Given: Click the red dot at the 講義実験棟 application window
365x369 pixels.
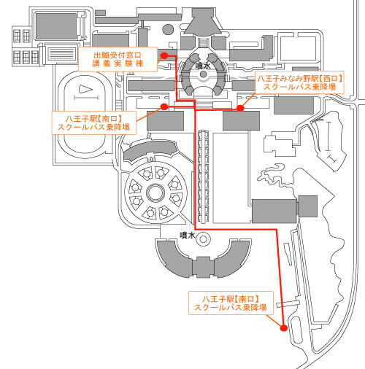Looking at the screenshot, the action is click(164, 56).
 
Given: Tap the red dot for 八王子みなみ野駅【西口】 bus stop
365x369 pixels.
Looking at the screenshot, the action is click(240, 108).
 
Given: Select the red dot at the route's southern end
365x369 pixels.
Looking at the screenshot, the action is click(283, 328).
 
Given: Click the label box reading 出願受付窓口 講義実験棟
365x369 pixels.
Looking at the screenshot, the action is click(118, 59).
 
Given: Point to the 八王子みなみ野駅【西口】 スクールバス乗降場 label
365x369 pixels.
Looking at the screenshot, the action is click(300, 82).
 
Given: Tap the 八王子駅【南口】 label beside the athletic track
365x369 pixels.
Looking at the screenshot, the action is click(93, 123).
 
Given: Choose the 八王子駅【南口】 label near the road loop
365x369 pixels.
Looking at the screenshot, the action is click(231, 303).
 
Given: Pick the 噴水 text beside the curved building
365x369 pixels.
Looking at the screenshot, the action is click(188, 235).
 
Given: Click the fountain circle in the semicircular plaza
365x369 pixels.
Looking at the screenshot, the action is click(203, 74).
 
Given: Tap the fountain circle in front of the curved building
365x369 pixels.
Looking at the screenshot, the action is click(204, 239).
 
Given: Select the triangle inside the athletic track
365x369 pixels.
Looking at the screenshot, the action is click(85, 89).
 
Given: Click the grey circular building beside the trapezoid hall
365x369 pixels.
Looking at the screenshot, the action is click(168, 30).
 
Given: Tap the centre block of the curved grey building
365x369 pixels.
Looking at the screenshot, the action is click(203, 267).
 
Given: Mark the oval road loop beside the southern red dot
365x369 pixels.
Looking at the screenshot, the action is click(296, 330).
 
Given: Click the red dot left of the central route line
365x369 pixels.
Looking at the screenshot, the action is click(164, 106).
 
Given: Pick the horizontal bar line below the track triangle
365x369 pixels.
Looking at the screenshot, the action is click(86, 98).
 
